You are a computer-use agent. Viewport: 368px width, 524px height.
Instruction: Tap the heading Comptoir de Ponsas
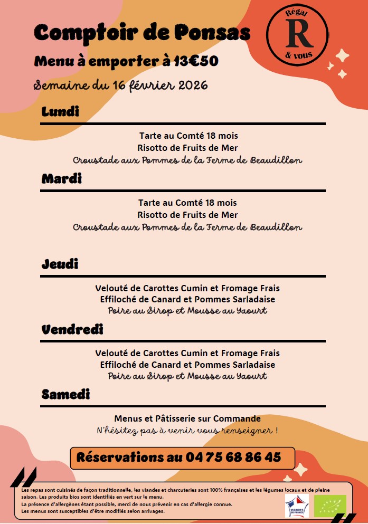pyautogui.click(x=142, y=33)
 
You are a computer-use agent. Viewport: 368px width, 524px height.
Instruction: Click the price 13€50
pyautogui.click(x=196, y=62)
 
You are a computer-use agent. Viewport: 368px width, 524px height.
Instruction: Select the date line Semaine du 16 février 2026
pyautogui.click(x=121, y=85)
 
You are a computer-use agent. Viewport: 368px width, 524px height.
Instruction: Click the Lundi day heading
pyautogui.click(x=60, y=112)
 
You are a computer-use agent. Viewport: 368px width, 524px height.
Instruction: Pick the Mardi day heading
pyautogui.click(x=62, y=179)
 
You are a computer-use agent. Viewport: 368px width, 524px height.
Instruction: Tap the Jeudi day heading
pyautogui.click(x=60, y=264)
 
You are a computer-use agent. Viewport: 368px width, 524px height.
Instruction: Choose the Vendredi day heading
pyautogui.click(x=72, y=330)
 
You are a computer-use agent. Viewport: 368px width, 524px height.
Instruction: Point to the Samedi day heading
pyautogui.click(x=65, y=394)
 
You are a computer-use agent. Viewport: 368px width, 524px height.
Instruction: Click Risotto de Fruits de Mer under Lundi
pyautogui.click(x=187, y=148)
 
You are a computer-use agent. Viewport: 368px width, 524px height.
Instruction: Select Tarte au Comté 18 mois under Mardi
pyautogui.click(x=187, y=203)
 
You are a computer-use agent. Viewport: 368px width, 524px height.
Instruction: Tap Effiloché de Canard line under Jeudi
pyautogui.click(x=187, y=300)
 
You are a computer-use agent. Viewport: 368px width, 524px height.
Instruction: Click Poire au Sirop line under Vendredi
pyautogui.click(x=187, y=376)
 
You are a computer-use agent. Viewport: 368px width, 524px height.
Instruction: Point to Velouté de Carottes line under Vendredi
pyautogui.click(x=187, y=353)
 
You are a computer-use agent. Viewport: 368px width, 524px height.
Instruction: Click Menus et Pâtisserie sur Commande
pyautogui.click(x=187, y=418)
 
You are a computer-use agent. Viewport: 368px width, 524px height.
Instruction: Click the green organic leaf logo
pyautogui.click(x=330, y=506)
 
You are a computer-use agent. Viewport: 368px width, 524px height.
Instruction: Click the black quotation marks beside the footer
pyautogui.click(x=24, y=477)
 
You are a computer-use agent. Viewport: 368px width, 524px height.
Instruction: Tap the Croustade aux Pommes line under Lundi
pyautogui.click(x=187, y=159)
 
